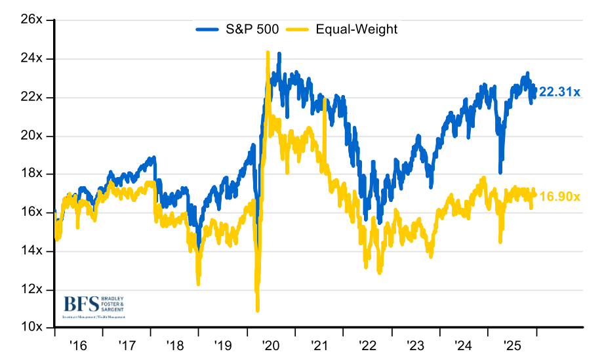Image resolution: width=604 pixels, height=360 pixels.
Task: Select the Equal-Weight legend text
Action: point(356,29)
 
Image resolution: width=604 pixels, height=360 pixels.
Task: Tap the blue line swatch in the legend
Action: point(209,29)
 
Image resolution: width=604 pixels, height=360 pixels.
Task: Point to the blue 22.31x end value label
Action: point(559,92)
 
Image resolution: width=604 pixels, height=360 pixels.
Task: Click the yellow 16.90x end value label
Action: point(559,196)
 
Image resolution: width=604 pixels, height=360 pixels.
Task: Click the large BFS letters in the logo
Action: point(81,304)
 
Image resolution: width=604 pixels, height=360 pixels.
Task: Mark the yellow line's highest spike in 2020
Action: point(268,52)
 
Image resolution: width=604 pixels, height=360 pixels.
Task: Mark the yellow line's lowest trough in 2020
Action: point(257,310)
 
